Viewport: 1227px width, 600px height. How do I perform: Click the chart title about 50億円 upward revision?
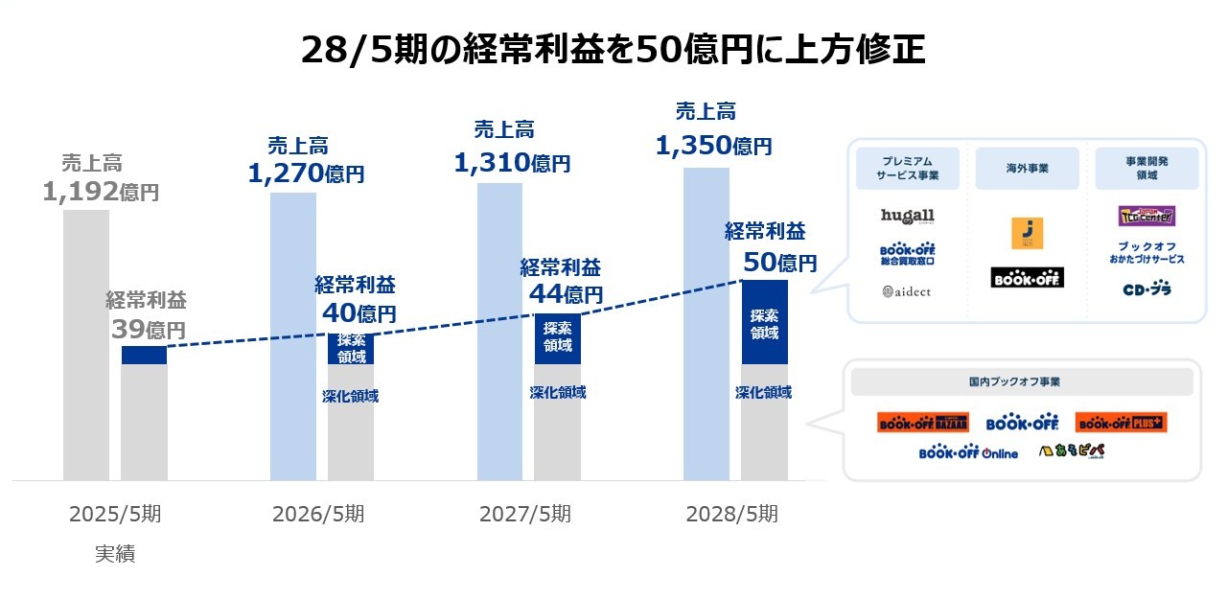(x=613, y=49)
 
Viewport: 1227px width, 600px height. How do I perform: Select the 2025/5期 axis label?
(x=115, y=514)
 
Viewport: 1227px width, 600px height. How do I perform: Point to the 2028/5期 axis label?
(x=732, y=514)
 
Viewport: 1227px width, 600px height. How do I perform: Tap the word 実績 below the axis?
(x=115, y=554)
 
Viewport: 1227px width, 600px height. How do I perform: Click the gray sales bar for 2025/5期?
(x=86, y=345)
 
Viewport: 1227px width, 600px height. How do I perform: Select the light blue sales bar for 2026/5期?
(x=292, y=335)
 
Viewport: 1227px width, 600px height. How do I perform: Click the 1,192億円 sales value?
(x=101, y=193)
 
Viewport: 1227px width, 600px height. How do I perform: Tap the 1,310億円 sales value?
(x=512, y=163)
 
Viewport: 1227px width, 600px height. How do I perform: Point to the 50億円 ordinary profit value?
(x=780, y=262)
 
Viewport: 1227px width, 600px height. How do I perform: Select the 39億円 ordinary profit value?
(x=149, y=330)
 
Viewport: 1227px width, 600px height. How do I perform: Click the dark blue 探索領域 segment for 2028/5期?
(x=764, y=323)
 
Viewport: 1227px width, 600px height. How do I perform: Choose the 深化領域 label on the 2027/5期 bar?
(x=558, y=392)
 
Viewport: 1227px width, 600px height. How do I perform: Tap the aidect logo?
(x=907, y=290)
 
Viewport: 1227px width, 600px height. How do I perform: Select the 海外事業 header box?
(x=1027, y=168)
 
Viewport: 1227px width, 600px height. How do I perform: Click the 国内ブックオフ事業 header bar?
(x=1021, y=381)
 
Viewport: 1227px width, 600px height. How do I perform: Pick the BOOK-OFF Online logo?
(x=968, y=452)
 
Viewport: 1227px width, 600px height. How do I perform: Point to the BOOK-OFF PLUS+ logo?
(x=1121, y=423)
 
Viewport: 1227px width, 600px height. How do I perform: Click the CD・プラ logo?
(x=1146, y=288)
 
